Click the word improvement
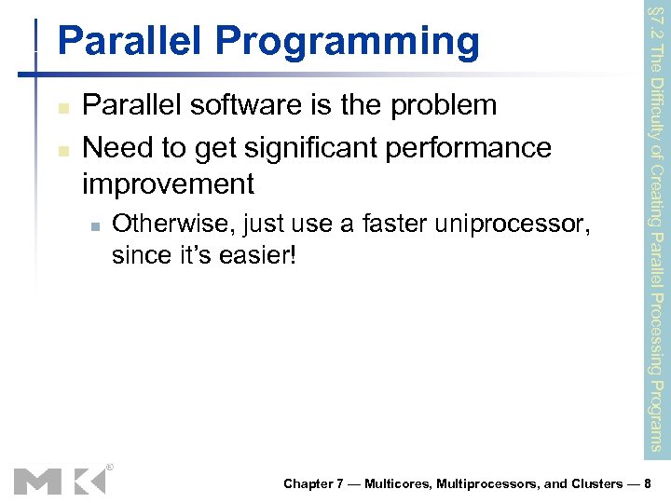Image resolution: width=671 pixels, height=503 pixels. (168, 184)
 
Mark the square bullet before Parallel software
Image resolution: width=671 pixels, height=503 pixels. (62, 108)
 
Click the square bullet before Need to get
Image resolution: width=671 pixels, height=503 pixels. (62, 149)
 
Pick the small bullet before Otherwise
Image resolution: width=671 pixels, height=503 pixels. (94, 225)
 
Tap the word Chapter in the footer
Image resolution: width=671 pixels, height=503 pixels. (308, 484)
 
